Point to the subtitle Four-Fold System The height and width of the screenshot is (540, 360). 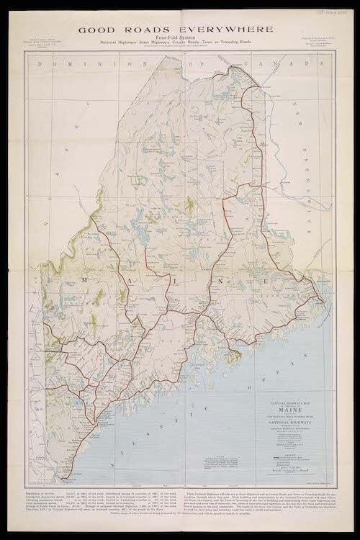click(x=179, y=42)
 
